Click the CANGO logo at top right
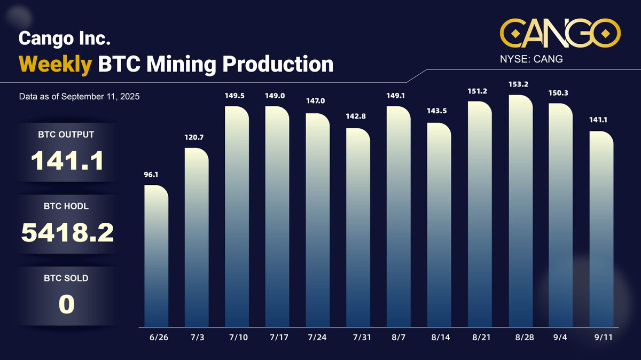[x=560, y=34]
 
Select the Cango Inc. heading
[x=65, y=38]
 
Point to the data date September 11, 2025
[x=79, y=97]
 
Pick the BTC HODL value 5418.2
[x=67, y=232]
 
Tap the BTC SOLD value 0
[x=66, y=303]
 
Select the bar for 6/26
[x=157, y=256]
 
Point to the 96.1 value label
[x=151, y=175]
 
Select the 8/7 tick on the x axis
[x=398, y=339]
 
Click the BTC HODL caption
[x=66, y=206]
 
